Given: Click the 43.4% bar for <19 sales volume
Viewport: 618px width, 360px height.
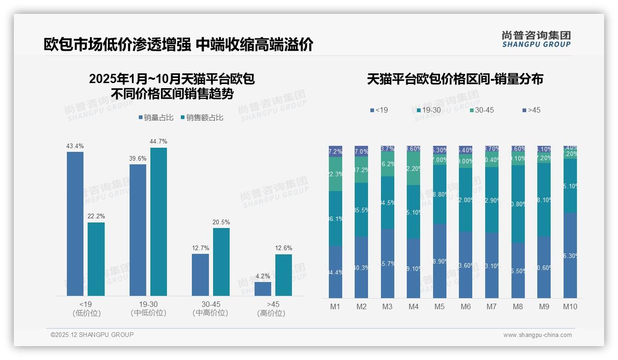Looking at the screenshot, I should click(x=75, y=224).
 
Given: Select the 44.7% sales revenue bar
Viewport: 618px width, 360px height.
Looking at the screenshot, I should click(x=159, y=222).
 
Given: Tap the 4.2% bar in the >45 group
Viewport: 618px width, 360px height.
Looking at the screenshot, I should click(x=263, y=288).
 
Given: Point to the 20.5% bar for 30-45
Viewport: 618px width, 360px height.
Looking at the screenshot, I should click(x=221, y=262).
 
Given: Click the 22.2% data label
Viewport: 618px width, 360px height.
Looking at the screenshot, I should click(x=96, y=216).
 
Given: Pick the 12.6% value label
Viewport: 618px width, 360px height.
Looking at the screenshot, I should click(x=284, y=248).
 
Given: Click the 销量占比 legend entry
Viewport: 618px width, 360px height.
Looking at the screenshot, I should click(x=156, y=118).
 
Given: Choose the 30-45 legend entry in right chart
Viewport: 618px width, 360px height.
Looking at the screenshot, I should click(x=482, y=110).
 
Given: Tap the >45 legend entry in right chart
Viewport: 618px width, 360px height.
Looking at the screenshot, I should click(x=531, y=110).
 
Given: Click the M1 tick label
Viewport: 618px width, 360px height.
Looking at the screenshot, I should click(x=335, y=306).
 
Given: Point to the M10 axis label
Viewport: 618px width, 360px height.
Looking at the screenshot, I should click(x=570, y=306).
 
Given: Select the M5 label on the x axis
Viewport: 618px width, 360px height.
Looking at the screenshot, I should click(x=440, y=306).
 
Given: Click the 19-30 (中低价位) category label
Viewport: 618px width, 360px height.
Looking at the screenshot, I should click(x=148, y=308).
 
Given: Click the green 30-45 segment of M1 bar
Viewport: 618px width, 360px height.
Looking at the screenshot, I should click(x=335, y=174).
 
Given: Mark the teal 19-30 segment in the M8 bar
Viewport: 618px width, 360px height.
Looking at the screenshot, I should click(x=518, y=204).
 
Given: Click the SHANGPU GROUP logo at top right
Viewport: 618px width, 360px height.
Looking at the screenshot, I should click(x=536, y=39).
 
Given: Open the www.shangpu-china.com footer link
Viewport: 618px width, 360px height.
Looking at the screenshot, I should click(x=537, y=335).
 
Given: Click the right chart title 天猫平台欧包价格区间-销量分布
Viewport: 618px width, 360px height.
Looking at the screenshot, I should click(x=455, y=79).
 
